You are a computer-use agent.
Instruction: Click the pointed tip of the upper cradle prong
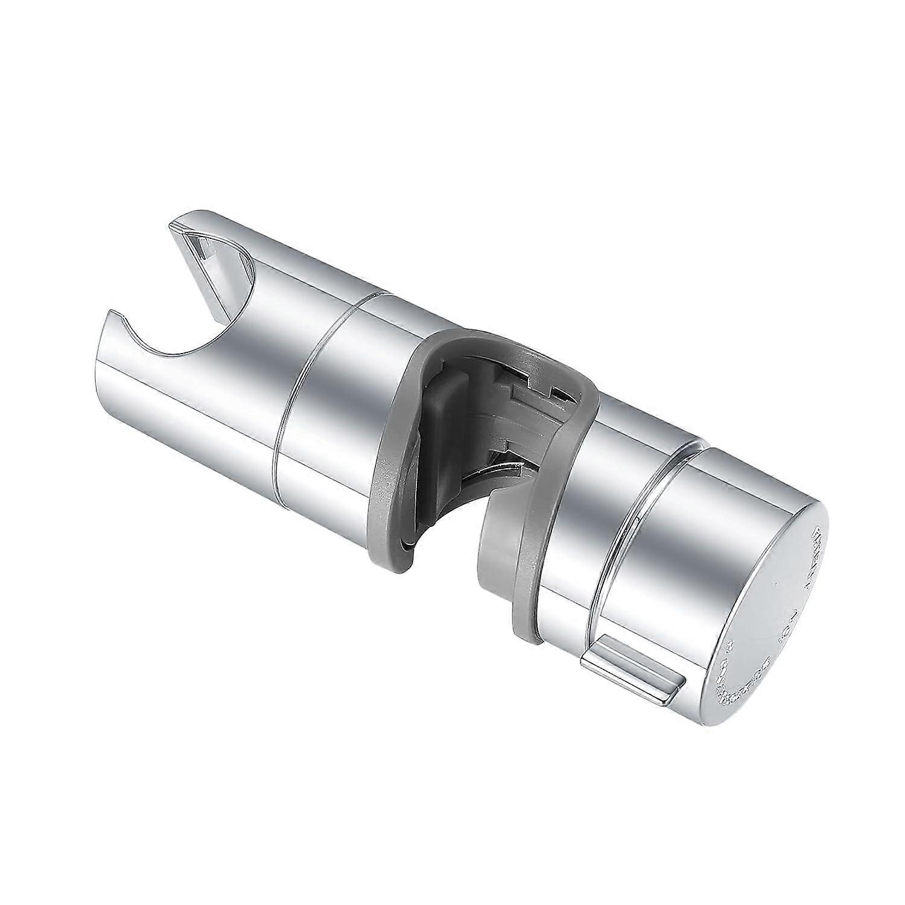click(x=176, y=227)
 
